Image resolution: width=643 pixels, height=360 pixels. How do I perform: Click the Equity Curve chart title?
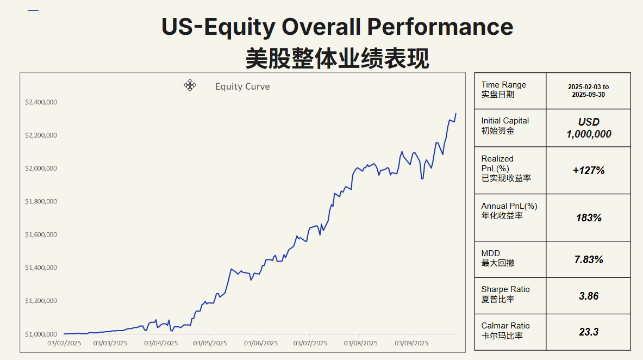(242, 86)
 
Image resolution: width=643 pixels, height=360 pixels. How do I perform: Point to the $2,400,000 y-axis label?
(41, 102)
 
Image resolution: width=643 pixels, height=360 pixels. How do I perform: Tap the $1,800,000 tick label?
(41, 202)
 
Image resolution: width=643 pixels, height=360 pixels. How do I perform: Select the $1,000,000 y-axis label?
(41, 334)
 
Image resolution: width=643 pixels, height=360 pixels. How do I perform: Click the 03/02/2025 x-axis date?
(64, 343)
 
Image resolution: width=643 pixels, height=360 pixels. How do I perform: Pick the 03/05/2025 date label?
(210, 343)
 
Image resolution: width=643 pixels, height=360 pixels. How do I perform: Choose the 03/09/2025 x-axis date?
(411, 343)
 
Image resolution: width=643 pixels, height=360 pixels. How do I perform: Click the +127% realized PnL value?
(589, 170)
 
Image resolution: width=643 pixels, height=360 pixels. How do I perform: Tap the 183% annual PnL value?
(589, 218)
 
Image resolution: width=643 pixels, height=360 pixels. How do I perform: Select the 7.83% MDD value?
(589, 259)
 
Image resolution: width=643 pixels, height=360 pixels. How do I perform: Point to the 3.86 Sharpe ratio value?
(589, 296)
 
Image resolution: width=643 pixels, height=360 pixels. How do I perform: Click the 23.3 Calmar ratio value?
(589, 332)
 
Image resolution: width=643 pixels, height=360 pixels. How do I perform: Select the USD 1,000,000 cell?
(589, 128)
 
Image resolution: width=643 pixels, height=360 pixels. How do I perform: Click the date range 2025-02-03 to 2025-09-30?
(589, 90)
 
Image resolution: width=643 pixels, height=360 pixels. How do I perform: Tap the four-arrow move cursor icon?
(190, 85)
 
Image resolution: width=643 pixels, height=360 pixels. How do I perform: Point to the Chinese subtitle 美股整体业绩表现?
(337, 58)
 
